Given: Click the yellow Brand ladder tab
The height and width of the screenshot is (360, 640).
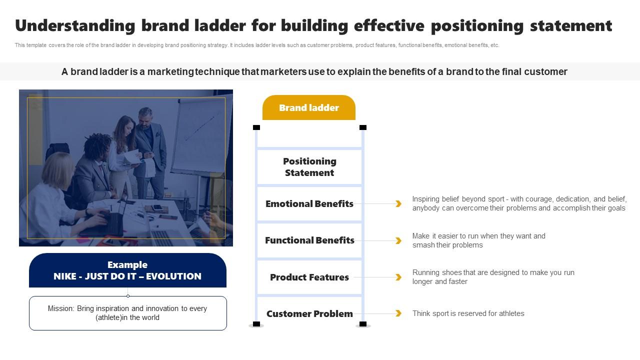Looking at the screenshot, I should (x=308, y=107).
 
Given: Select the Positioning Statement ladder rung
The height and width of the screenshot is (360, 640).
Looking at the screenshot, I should (x=309, y=167).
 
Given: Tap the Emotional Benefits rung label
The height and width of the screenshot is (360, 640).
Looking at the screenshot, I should (x=309, y=203).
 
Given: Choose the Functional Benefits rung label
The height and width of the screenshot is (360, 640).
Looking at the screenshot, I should (x=309, y=240).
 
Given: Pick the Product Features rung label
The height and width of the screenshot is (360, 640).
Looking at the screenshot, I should (x=309, y=277).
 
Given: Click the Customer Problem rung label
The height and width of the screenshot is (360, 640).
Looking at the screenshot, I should (x=309, y=313).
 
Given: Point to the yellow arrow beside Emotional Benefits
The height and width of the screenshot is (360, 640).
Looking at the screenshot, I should (x=398, y=203).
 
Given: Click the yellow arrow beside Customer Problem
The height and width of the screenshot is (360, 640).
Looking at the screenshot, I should (x=398, y=313).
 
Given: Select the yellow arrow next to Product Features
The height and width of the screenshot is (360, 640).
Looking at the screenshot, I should (x=398, y=277).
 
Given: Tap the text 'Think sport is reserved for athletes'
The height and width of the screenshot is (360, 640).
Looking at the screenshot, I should (x=468, y=313).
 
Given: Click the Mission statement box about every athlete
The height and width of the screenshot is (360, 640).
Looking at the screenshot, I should (x=127, y=313).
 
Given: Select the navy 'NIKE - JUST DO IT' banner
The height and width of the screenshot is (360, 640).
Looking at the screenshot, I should (x=127, y=270).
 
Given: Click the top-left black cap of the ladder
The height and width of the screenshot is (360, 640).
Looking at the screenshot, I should (x=256, y=127).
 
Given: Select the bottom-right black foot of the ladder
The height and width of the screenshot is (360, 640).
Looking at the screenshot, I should (x=363, y=324).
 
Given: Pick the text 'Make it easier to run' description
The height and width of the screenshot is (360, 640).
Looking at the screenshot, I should (x=478, y=240).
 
